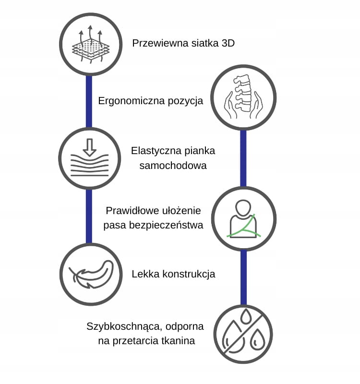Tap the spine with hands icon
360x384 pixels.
(x=243, y=99)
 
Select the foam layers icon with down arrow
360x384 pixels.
(x=89, y=159)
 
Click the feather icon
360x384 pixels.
(x=89, y=275)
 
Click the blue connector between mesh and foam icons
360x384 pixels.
(x=89, y=101)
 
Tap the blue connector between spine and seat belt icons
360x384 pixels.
(x=243, y=158)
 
